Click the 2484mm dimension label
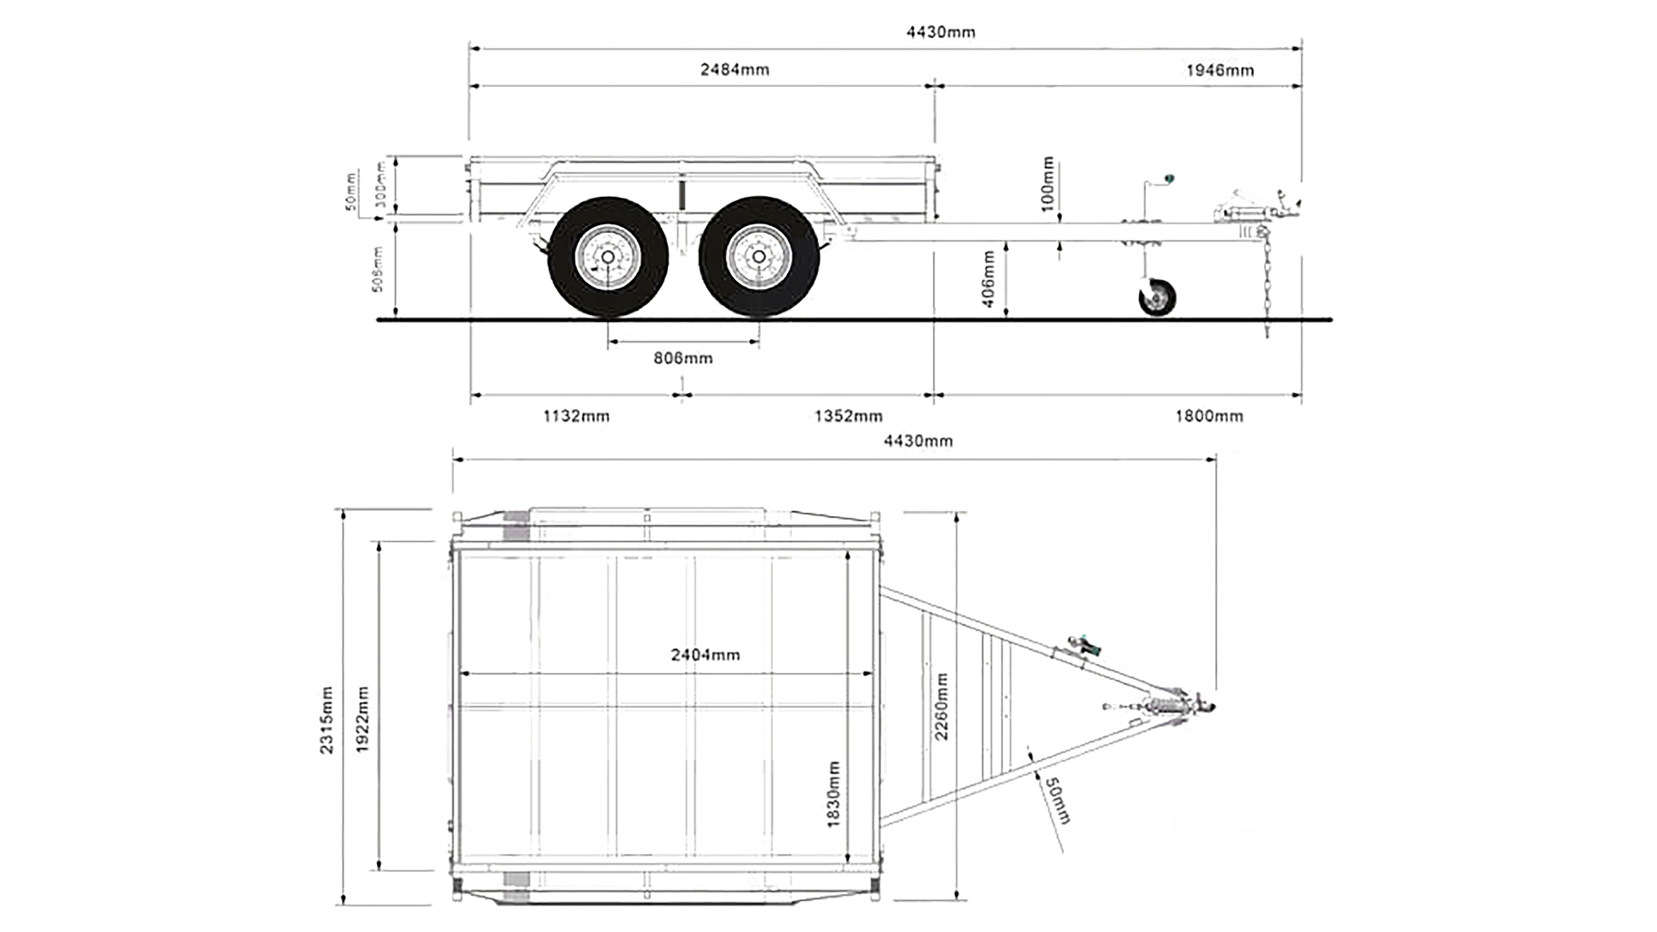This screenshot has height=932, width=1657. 734,70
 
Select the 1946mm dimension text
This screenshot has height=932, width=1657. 1219,71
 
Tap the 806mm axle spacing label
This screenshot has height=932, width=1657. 683,358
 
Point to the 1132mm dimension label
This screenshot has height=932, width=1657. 576,417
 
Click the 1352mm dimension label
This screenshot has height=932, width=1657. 848,417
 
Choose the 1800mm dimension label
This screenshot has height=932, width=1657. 1208,417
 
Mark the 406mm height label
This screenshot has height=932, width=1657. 989,279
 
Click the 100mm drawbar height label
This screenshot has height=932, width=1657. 1048,184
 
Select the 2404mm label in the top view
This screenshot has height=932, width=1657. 705,655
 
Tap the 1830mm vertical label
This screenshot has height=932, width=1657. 834,794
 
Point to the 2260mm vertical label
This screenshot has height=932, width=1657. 942,706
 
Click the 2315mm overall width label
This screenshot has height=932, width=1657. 327,721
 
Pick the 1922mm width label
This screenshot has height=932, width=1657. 362,721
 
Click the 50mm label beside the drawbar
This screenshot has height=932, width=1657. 1057,800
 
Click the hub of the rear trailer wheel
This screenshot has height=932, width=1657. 608,257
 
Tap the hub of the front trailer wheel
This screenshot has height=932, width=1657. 759,257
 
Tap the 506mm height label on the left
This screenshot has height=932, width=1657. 376,269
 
